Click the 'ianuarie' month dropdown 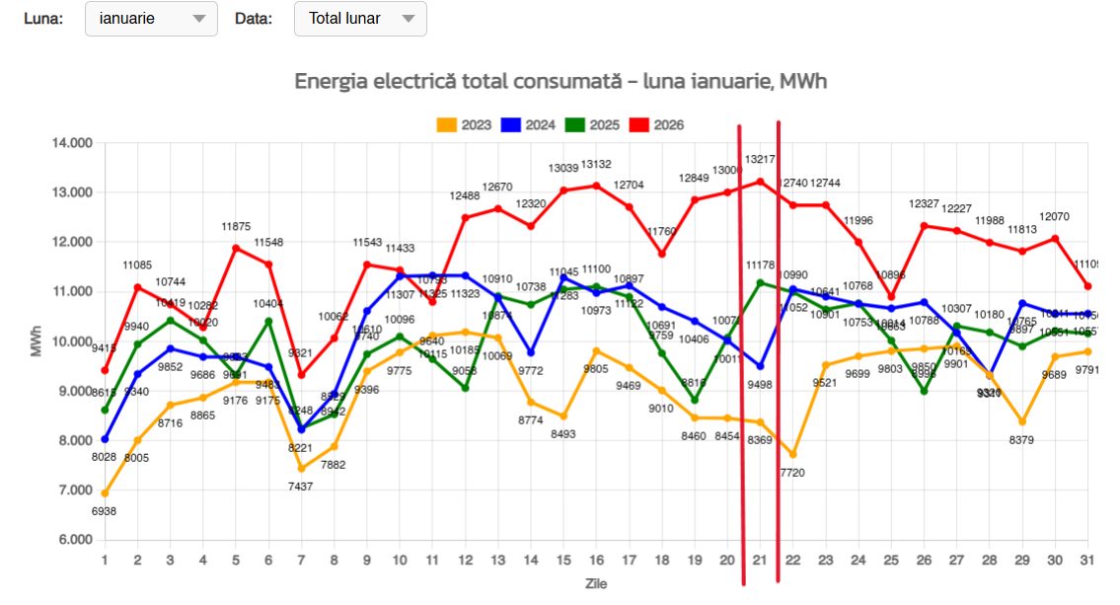(152, 19)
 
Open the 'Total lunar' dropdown (360, 19)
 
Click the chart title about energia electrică (560, 82)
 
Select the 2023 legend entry (466, 125)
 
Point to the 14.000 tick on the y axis (71, 143)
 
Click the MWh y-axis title (37, 341)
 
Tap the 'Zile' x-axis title (595, 583)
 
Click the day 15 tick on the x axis (563, 560)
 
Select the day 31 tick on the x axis (1087, 560)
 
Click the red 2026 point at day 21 (760, 182)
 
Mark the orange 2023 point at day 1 (105, 493)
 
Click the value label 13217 (760, 159)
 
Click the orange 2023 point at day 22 (792, 454)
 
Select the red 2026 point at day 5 (236, 248)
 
